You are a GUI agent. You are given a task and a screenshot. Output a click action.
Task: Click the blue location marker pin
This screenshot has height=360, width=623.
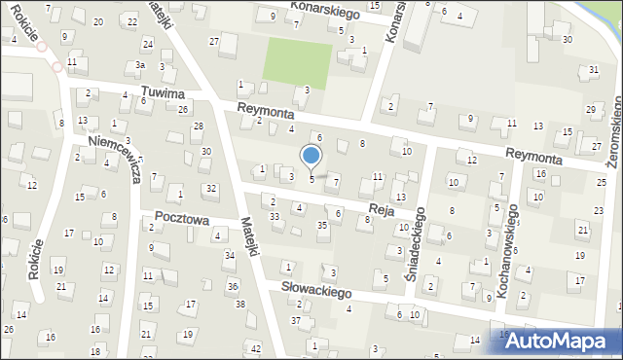click(311, 156)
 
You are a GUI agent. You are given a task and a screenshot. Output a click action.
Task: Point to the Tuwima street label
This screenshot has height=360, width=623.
click(163, 92)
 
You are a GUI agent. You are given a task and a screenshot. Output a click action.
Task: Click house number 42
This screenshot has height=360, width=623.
click(255, 348)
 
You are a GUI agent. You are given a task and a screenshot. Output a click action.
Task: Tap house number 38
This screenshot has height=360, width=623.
click(240, 305)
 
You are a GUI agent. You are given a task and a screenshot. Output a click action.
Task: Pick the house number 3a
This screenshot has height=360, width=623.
click(140, 65)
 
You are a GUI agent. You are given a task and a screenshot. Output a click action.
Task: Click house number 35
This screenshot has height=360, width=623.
click(322, 226)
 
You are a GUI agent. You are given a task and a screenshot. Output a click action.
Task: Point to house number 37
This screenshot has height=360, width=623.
click(296, 320)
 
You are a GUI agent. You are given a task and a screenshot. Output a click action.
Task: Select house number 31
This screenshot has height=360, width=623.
click(594, 70)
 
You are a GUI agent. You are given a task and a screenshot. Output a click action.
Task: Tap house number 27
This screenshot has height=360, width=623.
click(213, 41)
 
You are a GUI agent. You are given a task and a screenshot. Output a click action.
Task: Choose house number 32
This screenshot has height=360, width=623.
click(209, 188)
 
